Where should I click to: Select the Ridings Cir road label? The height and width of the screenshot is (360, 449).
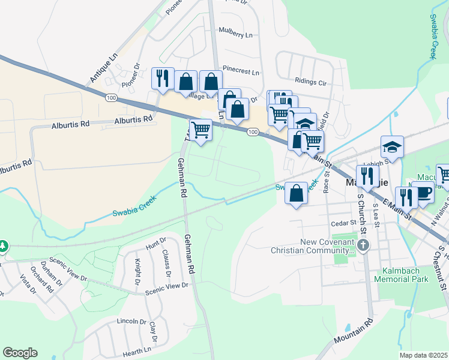coord(310,81)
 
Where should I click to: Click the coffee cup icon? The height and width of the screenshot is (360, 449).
coord(424,192)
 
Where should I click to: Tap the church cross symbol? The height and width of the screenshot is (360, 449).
coord(363,245)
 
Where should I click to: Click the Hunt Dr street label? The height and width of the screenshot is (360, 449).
coord(155,241)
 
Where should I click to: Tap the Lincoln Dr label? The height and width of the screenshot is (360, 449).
coord(131,322)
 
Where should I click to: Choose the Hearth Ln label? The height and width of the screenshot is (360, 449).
coord(136,352)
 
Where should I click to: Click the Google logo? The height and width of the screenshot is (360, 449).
coord(20,353)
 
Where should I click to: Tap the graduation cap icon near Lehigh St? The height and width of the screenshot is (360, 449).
coord(393,146)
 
